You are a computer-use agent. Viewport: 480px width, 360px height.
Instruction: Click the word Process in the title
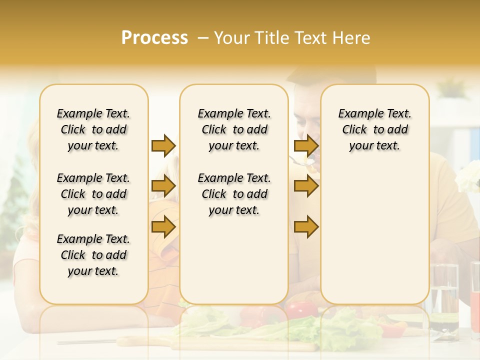point(154,38)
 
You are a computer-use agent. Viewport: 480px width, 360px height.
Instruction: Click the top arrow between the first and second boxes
point(163,145)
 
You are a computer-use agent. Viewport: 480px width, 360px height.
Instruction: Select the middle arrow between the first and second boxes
point(163,186)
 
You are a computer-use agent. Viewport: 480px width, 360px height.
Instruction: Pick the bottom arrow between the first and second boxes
point(163,226)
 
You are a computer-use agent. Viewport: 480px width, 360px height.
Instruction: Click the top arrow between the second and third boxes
point(306,145)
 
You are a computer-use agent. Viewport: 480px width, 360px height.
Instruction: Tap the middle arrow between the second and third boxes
point(306,186)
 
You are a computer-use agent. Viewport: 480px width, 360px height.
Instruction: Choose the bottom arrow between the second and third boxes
point(306,226)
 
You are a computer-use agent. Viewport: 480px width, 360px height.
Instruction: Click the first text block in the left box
point(93,129)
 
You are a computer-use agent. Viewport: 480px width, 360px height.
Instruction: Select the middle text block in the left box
point(93,194)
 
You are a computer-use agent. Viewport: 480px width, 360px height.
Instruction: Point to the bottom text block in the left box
point(93,255)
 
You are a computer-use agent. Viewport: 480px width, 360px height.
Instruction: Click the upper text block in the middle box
point(234,129)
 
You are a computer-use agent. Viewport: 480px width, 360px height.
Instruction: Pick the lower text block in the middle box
point(234,194)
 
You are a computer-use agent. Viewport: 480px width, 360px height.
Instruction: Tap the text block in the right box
point(374,129)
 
